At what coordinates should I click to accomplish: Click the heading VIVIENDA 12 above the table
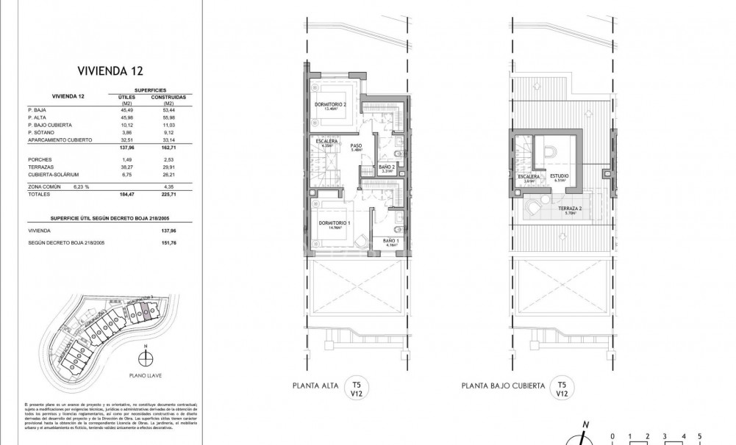coord(110,70)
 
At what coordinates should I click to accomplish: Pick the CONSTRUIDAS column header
coord(168,96)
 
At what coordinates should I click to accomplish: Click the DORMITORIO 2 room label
coord(330,104)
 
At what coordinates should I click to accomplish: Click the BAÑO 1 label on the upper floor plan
coord(390,241)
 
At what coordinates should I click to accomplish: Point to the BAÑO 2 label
coord(387,167)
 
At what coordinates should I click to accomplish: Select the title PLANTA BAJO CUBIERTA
coord(503,386)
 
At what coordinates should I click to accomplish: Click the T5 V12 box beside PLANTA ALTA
coord(357,388)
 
